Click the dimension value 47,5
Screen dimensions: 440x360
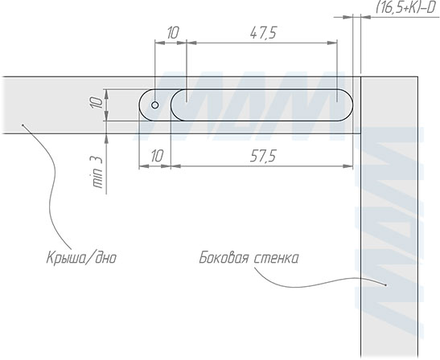click(263, 33)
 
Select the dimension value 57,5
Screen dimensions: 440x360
click(263, 156)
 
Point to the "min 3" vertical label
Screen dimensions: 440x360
click(97, 172)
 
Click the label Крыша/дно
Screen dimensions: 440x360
click(81, 258)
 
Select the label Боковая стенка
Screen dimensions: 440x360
click(249, 258)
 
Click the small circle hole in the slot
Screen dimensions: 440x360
click(155, 105)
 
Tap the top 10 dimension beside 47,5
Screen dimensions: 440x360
click(173, 33)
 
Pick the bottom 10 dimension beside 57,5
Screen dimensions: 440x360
click(157, 156)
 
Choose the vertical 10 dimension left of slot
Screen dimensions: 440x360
click(97, 103)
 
